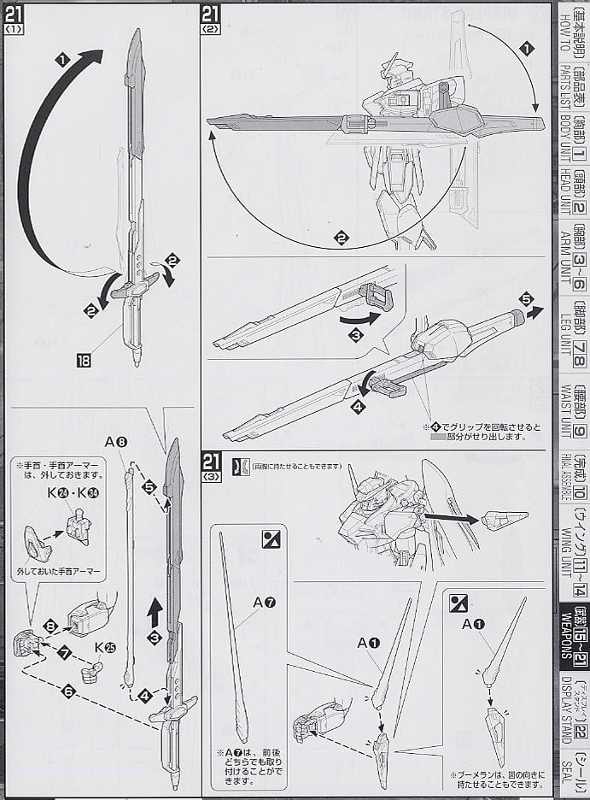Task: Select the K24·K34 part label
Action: (74, 493)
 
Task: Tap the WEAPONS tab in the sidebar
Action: (571, 637)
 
